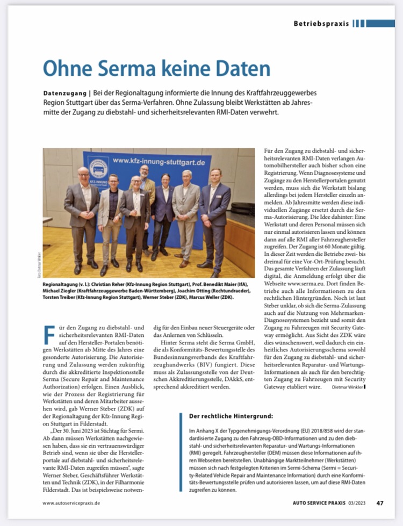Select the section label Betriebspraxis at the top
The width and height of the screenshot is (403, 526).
click(321, 24)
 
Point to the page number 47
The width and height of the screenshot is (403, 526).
click(380, 503)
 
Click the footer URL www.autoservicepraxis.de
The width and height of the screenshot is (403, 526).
click(71, 503)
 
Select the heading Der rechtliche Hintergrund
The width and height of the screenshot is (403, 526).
click(231, 416)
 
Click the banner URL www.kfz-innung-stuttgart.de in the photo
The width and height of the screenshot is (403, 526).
click(158, 161)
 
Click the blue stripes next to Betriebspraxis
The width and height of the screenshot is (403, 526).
click(373, 24)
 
